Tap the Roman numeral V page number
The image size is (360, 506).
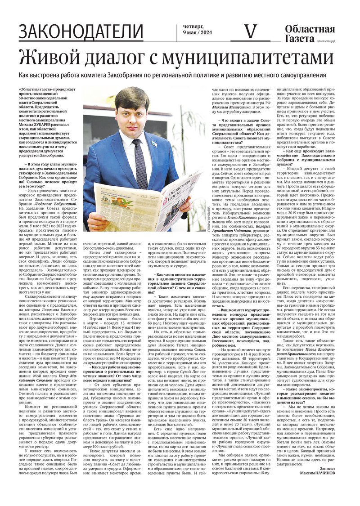coord(250,31)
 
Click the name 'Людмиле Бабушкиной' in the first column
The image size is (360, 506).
coord(53,204)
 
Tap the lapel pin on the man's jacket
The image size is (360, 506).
coord(155,143)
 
